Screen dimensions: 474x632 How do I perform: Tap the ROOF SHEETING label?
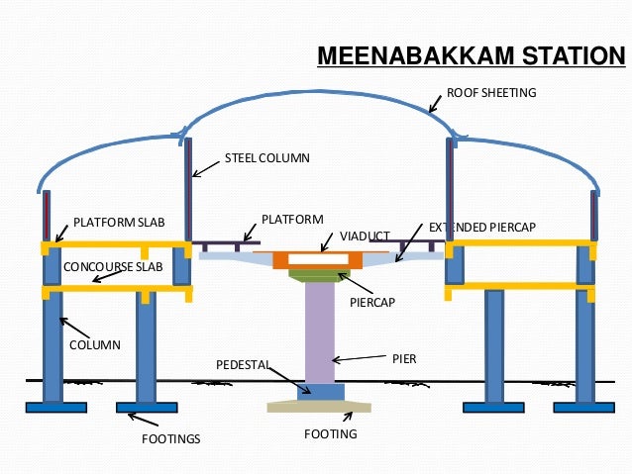[x=490, y=93]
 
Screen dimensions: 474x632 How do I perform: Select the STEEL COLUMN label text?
[x=266, y=158]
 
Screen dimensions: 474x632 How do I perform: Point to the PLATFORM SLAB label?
[x=112, y=223]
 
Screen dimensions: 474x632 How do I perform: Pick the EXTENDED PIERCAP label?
[x=481, y=228]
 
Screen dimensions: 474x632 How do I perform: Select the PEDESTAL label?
[x=243, y=366]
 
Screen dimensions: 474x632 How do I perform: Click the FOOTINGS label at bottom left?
[x=170, y=437]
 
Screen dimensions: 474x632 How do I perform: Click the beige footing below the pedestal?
[x=319, y=407]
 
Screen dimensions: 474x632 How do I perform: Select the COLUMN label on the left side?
[x=94, y=345]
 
